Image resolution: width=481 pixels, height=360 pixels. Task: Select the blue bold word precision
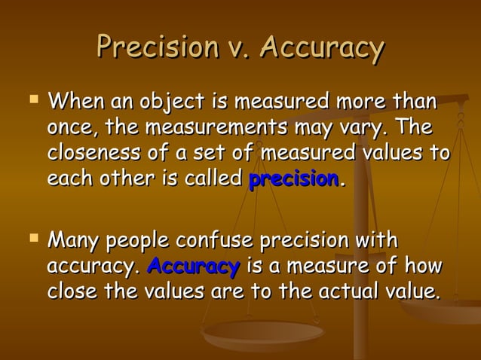[293, 180]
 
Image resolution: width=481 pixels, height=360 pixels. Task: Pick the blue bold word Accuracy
[194, 266]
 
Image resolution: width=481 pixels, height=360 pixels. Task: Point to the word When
[75, 100]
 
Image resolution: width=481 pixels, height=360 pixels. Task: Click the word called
[214, 180]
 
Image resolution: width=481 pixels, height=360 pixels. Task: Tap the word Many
[75, 241]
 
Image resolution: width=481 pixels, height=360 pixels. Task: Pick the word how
[424, 266]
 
